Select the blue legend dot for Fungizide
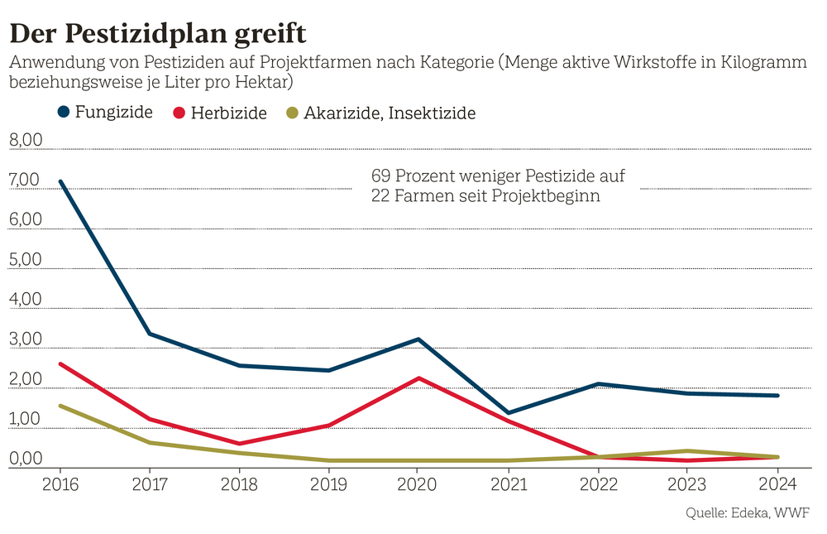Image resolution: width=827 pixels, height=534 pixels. pos(64,112)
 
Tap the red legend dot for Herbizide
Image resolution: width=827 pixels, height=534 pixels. pos(179,113)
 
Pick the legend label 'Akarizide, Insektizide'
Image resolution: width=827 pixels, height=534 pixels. pos(389,113)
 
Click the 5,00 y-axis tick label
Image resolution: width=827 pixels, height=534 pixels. pos(25,260)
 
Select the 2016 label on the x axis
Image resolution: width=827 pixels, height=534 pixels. pos(60,483)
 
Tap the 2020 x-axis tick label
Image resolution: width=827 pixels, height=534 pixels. pos(418,483)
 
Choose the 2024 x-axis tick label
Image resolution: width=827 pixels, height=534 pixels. pos(777,483)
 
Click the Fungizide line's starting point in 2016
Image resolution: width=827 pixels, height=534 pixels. pos(60,181)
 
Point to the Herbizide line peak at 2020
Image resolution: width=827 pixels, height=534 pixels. pos(418,378)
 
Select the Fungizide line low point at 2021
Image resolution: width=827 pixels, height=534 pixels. pos(508,412)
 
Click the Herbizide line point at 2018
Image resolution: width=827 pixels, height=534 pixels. pos(240,444)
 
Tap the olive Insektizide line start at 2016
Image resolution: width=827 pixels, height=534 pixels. pos(60,406)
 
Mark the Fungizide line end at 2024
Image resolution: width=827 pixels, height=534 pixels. pos(777,395)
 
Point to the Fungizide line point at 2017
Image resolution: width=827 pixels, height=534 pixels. pos(150,334)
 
